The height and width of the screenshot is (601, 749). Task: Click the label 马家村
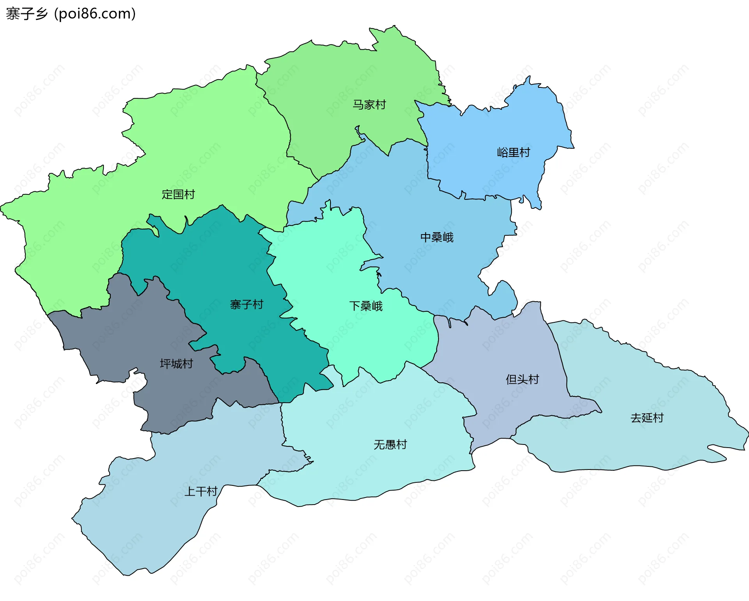[369, 105]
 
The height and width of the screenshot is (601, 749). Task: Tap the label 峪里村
[513, 152]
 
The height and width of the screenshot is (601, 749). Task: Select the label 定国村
[178, 194]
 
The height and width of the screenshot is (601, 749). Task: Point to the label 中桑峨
[437, 237]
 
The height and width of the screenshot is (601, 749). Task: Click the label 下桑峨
[366, 306]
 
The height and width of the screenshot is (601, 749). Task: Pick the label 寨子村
[247, 304]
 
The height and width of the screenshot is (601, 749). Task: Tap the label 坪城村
[176, 364]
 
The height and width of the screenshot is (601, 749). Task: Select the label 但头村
[522, 379]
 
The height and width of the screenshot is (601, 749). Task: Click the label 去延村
[647, 418]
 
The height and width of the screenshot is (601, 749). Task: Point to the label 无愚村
[390, 444]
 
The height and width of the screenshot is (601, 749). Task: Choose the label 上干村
[201, 491]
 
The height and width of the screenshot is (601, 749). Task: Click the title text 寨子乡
[27, 14]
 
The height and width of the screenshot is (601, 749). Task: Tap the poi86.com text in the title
[95, 14]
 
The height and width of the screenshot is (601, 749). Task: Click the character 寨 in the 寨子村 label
[236, 304]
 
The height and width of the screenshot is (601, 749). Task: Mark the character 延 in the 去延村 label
[647, 418]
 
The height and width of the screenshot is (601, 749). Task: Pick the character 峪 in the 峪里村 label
[502, 152]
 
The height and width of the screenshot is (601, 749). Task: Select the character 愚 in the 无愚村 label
[390, 444]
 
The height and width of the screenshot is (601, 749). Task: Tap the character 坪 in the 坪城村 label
[165, 364]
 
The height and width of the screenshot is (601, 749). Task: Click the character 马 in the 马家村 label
[358, 105]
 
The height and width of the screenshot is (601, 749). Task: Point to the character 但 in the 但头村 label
[511, 379]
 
